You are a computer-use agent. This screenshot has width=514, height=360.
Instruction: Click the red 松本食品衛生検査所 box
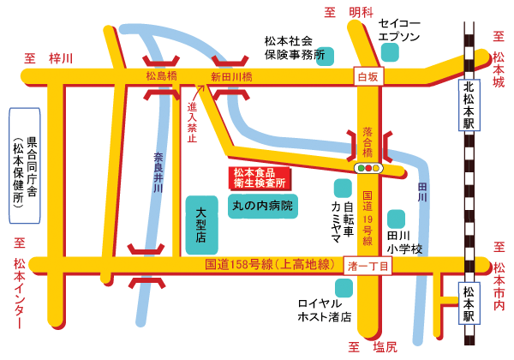pos(260,177)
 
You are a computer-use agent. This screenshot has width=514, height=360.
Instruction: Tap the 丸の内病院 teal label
pos(262,206)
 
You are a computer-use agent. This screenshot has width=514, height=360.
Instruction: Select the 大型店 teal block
pos(202,224)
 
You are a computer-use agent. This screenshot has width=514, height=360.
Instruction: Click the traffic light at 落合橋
pos(370,168)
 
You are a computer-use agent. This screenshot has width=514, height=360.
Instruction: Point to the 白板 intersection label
pos(368,77)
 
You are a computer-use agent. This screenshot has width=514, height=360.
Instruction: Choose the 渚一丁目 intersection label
pos(369,267)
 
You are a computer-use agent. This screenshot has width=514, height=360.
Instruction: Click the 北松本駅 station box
pos(469,105)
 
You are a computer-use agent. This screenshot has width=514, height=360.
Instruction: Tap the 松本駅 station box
pos(469,303)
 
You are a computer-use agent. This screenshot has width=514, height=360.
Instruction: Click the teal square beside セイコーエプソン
pos(391,52)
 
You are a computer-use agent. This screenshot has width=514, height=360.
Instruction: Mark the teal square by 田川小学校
pos(395,219)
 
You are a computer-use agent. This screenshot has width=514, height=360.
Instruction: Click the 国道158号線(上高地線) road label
pos(269,266)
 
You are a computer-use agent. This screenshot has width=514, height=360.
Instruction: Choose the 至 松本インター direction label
pos(19,283)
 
